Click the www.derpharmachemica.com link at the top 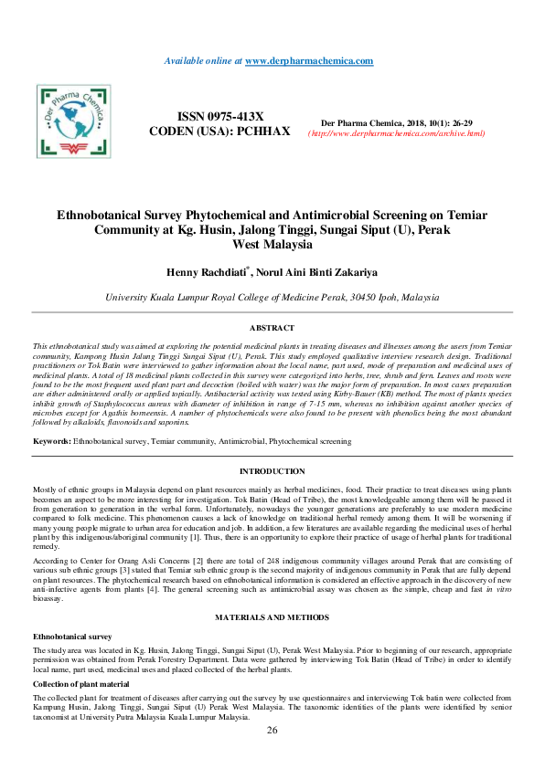[309, 60]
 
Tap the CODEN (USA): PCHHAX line [219, 132]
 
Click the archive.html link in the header [396, 133]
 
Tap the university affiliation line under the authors [272, 297]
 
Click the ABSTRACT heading [272, 328]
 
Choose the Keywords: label [52, 441]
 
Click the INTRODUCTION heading [272, 471]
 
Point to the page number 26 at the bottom [272, 731]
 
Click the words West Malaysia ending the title [272, 245]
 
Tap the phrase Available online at [203, 60]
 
